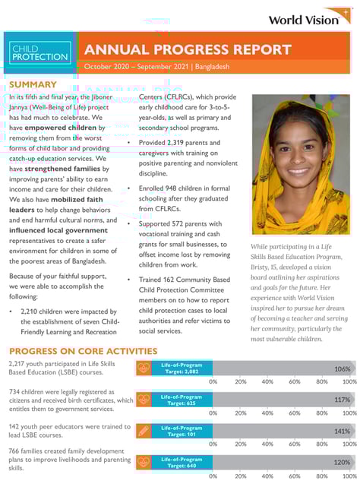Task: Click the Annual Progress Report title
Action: [x=188, y=49]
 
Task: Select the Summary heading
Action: [x=33, y=84]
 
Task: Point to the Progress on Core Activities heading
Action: [x=83, y=351]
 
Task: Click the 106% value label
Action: [x=343, y=368]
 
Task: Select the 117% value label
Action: [x=343, y=400]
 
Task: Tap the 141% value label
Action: [x=343, y=431]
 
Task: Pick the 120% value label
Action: [x=343, y=462]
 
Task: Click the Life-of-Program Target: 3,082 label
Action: [x=182, y=368]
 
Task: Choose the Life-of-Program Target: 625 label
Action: [x=182, y=400]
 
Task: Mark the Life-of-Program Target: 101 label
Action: [x=182, y=431]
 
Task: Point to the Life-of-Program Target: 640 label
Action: [x=182, y=462]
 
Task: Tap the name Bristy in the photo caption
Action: [x=263, y=269]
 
